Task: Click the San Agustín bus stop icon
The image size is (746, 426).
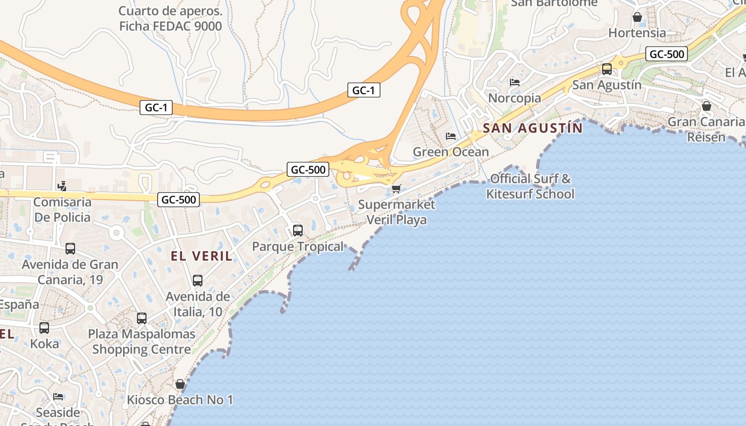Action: click(606, 69)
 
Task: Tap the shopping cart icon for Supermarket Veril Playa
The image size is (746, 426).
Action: click(396, 189)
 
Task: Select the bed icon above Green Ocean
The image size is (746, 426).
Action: click(451, 136)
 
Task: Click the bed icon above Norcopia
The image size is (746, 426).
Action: click(514, 82)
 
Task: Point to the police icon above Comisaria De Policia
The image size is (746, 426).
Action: click(62, 186)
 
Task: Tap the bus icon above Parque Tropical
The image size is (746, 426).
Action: click(298, 231)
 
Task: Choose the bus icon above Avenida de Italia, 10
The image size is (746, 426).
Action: click(198, 281)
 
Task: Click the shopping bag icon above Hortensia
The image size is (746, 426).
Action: click(637, 17)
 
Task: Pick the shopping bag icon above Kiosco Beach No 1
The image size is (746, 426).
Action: click(180, 384)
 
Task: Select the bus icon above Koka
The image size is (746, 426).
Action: click(44, 328)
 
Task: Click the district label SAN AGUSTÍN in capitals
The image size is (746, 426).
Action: click(533, 128)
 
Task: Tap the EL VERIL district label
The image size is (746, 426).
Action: click(202, 256)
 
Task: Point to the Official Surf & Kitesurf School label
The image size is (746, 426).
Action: click(530, 186)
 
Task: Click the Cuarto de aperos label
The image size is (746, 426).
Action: click(171, 18)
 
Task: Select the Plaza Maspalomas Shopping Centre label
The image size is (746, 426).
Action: click(142, 342)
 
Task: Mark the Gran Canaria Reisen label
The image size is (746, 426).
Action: click(706, 129)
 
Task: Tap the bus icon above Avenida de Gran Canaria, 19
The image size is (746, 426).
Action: click(70, 249)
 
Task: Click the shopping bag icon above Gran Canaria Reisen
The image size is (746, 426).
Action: click(707, 106)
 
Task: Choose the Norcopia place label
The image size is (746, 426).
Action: click(514, 98)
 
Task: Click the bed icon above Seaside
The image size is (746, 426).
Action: click(58, 397)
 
